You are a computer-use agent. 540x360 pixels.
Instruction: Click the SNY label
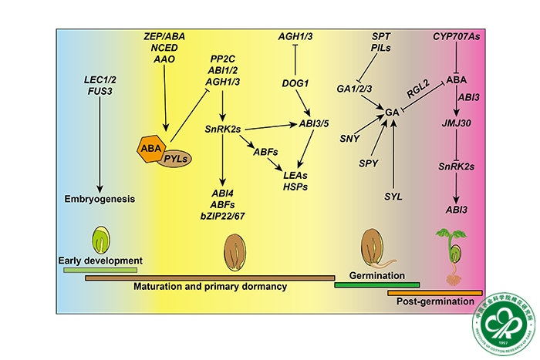click(x=349, y=137)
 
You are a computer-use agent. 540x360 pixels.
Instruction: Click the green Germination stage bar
click(x=376, y=284)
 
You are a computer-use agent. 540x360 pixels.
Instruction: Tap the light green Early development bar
click(x=100, y=270)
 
